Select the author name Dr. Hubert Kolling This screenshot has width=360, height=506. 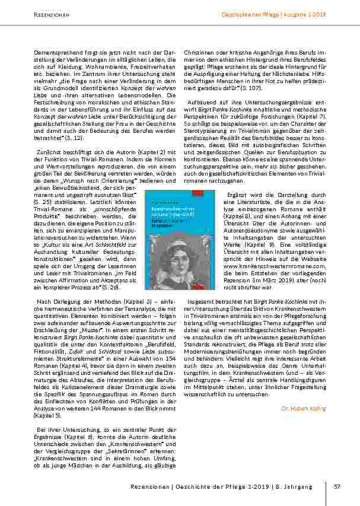click(304, 408)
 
